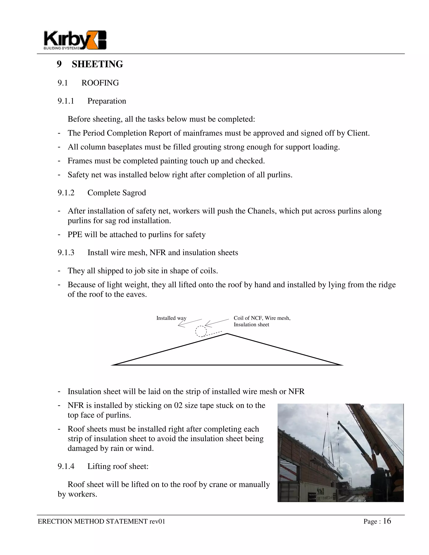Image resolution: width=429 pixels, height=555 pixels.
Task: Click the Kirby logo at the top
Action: tap(75, 40)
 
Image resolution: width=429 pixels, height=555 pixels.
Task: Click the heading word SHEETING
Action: tap(97, 64)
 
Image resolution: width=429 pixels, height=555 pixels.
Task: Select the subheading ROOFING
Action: tap(100, 83)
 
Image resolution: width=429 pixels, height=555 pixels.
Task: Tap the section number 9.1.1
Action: tap(66, 101)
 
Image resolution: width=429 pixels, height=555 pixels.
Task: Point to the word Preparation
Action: tap(107, 101)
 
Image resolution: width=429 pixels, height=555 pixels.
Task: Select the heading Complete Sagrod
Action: tap(117, 193)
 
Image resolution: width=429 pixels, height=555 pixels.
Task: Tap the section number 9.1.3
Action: tap(66, 253)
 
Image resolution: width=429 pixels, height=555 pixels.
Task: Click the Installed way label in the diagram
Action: tap(171, 318)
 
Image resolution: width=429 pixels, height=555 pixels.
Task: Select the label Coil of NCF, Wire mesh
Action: tap(262, 318)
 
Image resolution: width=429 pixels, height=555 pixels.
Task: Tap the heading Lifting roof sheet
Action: tap(118, 466)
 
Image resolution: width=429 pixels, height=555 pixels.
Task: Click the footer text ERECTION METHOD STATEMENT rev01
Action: tap(101, 521)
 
